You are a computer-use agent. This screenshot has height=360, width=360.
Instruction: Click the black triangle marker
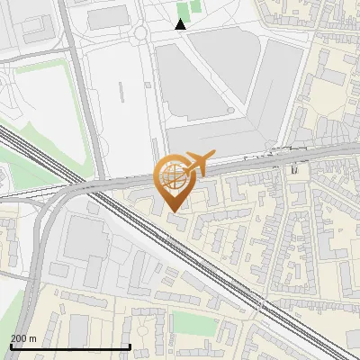coord(181,25)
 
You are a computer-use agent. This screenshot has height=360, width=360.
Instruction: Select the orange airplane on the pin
coord(199,162)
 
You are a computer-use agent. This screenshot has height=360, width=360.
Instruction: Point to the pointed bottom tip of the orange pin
coord(175,211)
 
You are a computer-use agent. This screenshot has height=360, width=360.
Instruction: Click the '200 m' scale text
coord(22,338)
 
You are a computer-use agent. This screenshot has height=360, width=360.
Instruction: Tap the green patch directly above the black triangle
coord(184,9)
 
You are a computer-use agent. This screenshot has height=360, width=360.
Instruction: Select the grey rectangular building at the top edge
coord(108,16)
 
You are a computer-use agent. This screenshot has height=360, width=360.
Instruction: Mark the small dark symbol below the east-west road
coord(294,168)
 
